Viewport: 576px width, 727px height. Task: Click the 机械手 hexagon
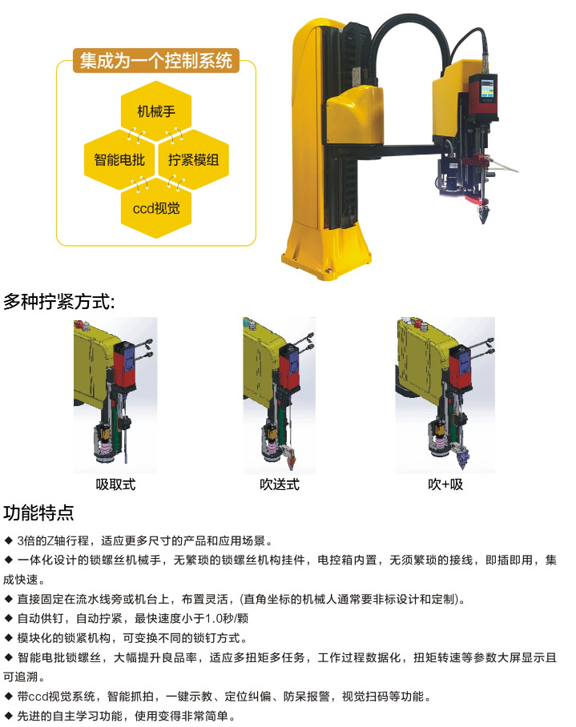coord(155,111)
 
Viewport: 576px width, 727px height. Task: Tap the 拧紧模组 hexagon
coord(192,159)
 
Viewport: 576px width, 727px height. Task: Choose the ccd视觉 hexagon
coord(155,209)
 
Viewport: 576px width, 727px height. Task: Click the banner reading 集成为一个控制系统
coord(155,61)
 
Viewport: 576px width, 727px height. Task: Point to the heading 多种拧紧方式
coord(59,302)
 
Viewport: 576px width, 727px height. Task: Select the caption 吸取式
coord(116,484)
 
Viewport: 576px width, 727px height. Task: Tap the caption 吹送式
coord(280,484)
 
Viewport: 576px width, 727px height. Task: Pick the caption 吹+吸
coord(445,484)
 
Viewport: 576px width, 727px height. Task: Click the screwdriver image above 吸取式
coord(115,396)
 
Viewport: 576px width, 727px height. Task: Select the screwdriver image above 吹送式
coord(280,396)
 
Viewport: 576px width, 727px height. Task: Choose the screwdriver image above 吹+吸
coord(445,396)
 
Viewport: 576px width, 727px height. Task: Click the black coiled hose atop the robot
coord(393,36)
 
